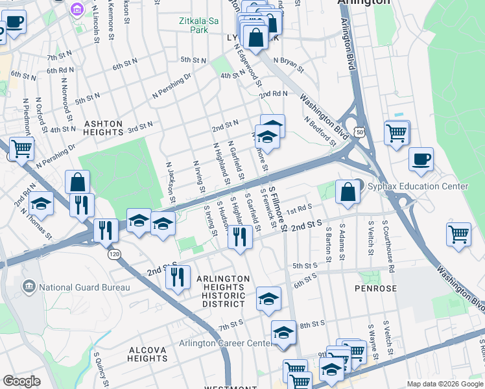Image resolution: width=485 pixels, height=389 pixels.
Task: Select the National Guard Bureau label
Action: point(84,287)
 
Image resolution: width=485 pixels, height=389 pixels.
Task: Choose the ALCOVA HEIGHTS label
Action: point(148,354)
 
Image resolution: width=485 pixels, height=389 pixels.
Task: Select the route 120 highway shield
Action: point(115,255)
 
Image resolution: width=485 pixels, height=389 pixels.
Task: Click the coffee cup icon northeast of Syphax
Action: point(421,159)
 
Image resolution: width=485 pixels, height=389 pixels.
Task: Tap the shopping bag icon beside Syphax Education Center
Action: point(348,192)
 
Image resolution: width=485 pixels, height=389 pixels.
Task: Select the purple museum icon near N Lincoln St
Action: point(77,10)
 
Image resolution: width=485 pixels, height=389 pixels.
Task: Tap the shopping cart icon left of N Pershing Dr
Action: point(21,149)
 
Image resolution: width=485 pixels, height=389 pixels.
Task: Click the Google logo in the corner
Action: point(21,381)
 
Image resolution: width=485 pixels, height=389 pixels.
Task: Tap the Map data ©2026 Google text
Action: point(444,384)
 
